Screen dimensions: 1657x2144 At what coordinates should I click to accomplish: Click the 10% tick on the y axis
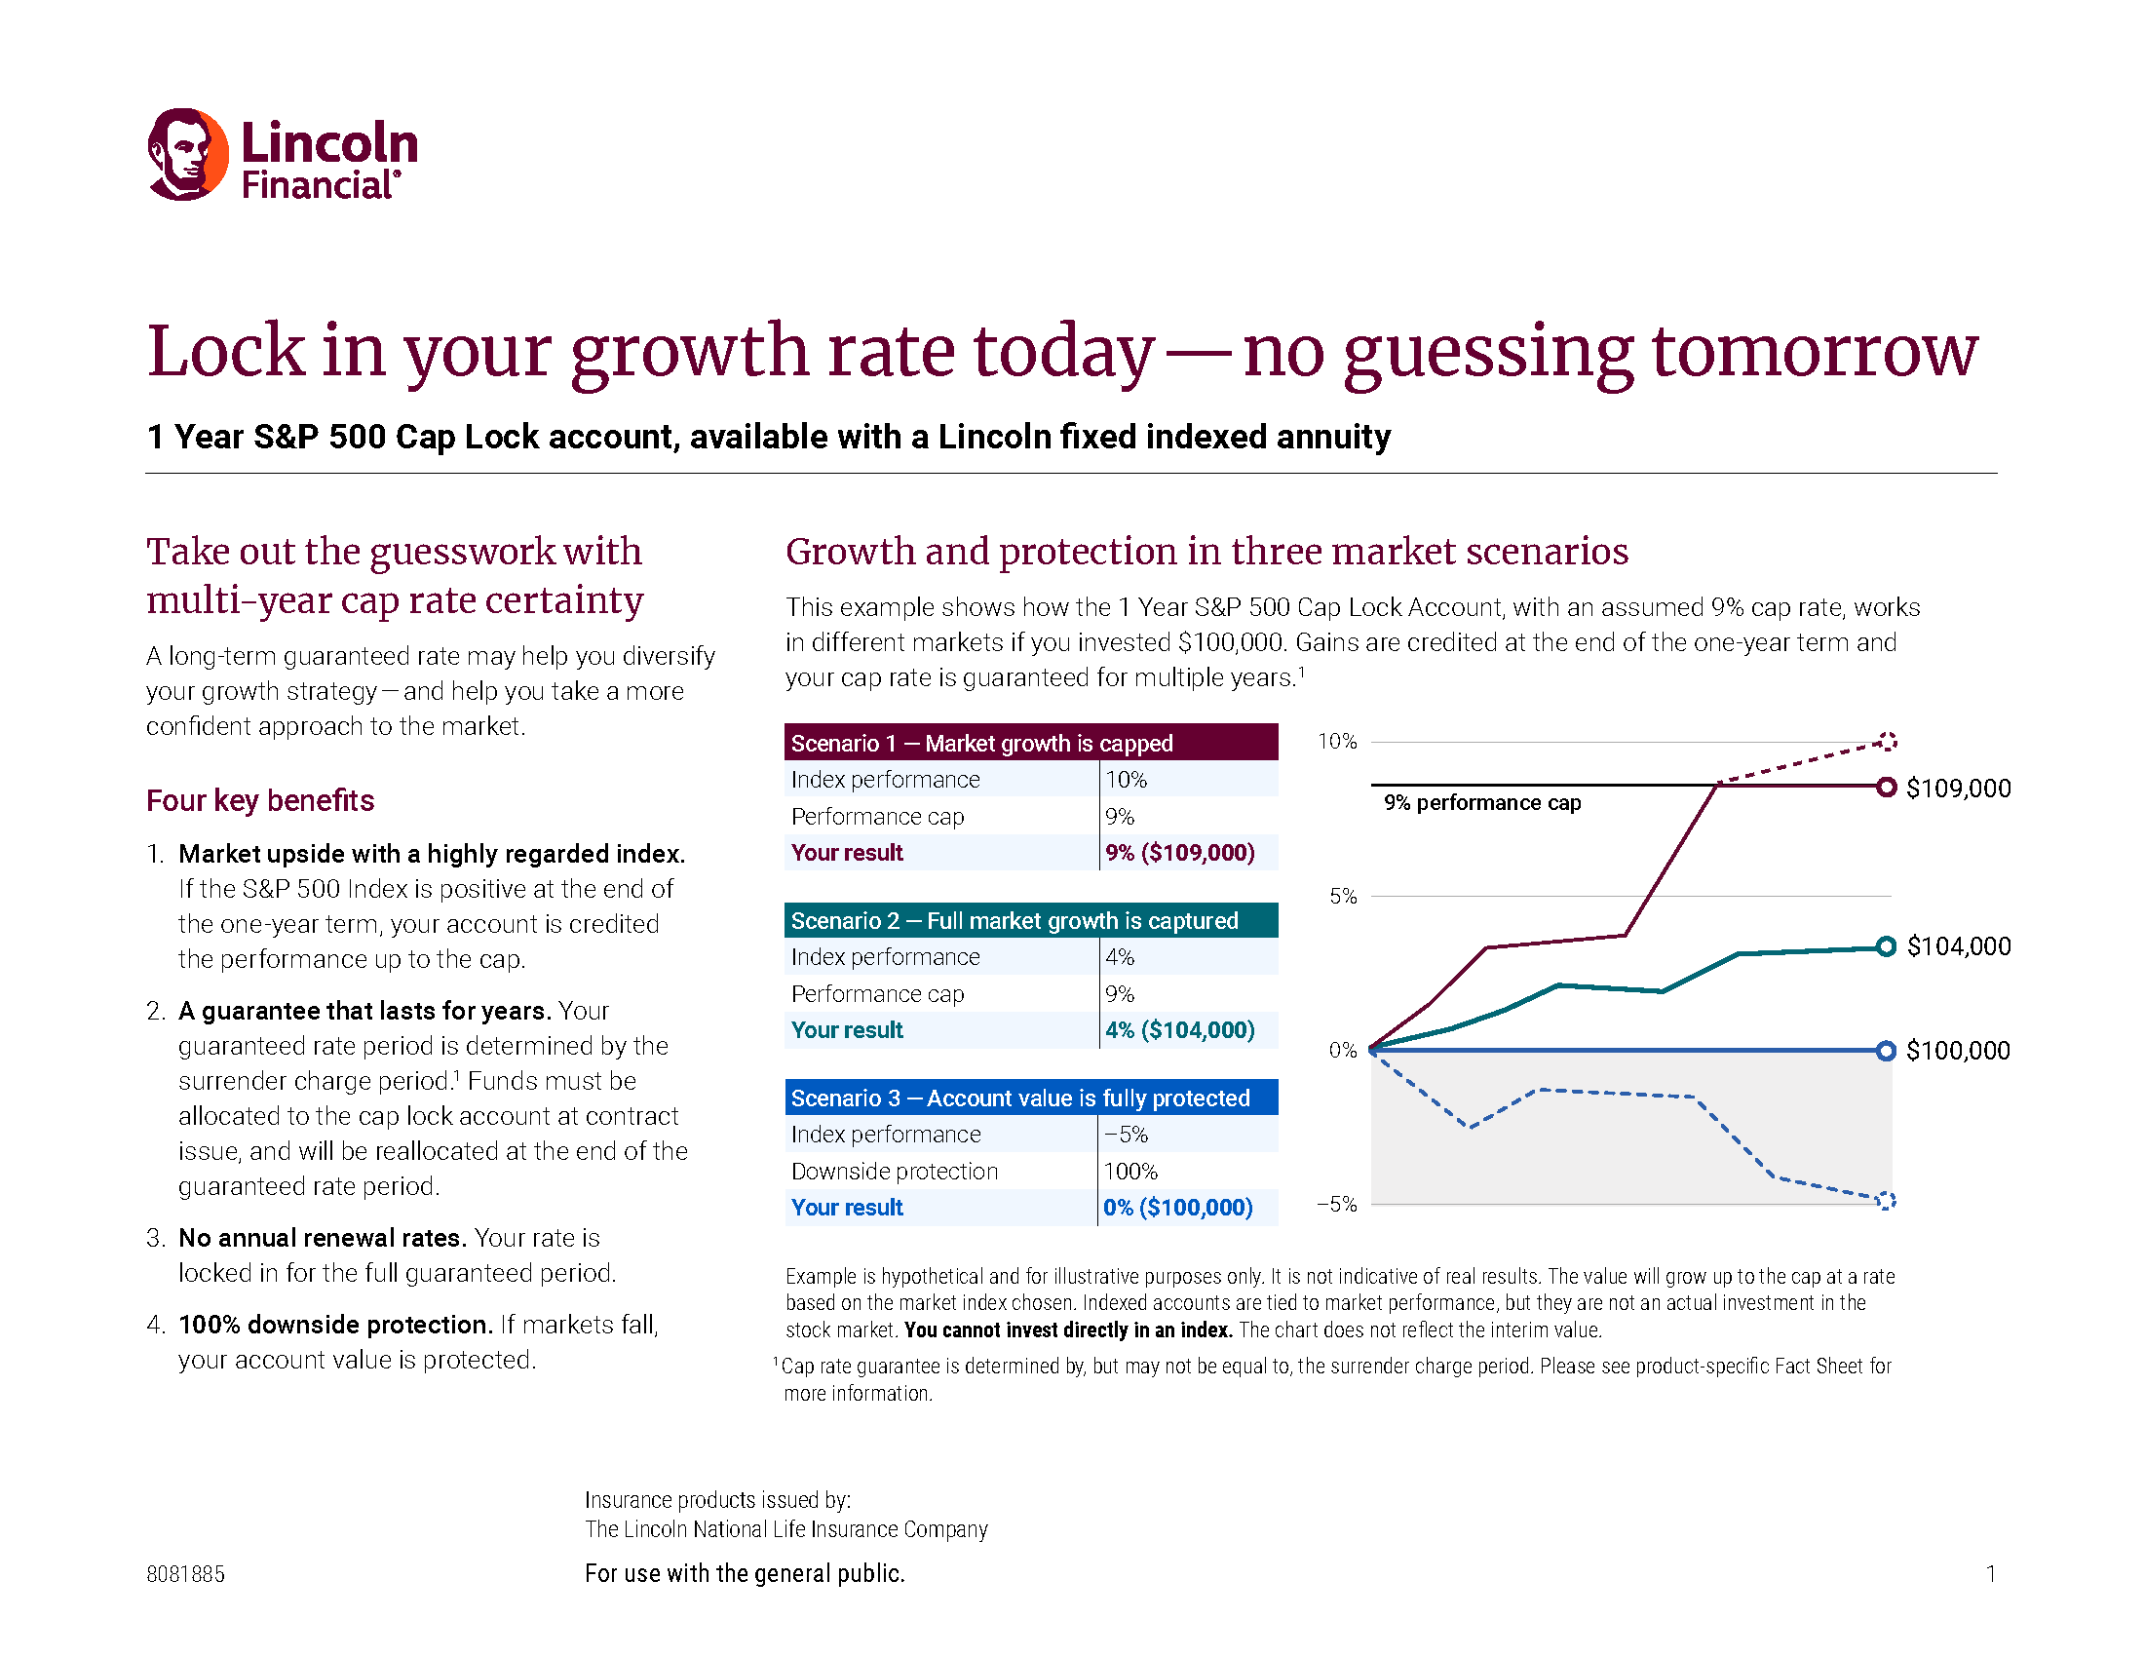tap(1336, 741)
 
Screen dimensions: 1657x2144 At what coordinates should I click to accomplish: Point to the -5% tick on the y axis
tap(1336, 1204)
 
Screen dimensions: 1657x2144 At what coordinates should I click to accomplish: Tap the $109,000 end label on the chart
tap(1958, 789)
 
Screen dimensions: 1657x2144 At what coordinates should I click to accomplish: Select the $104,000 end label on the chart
tap(1958, 946)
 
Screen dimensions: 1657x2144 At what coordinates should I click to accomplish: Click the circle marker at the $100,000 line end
tap(1885, 1051)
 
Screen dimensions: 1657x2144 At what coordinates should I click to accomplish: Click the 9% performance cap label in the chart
tap(1481, 803)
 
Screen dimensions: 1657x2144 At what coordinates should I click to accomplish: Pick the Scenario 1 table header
tap(1030, 743)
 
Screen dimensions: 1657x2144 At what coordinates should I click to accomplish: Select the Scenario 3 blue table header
tap(1030, 1098)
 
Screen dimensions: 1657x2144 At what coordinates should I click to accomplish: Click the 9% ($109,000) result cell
tap(1179, 852)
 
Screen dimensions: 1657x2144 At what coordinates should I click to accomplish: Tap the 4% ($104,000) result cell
tap(1179, 1029)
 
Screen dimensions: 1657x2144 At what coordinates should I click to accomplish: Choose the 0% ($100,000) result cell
tap(1177, 1208)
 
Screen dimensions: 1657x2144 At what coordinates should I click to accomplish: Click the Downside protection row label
tap(894, 1171)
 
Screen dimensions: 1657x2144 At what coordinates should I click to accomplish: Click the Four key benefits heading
tap(260, 800)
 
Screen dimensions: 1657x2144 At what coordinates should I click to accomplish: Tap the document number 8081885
tap(185, 1573)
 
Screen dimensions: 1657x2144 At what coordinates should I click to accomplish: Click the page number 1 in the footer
tap(1990, 1573)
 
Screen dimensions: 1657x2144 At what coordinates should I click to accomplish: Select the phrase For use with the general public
tap(745, 1573)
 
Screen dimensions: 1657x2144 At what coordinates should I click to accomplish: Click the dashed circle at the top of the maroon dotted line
tap(1886, 741)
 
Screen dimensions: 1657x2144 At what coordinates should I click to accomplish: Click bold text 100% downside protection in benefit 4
tap(333, 1325)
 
